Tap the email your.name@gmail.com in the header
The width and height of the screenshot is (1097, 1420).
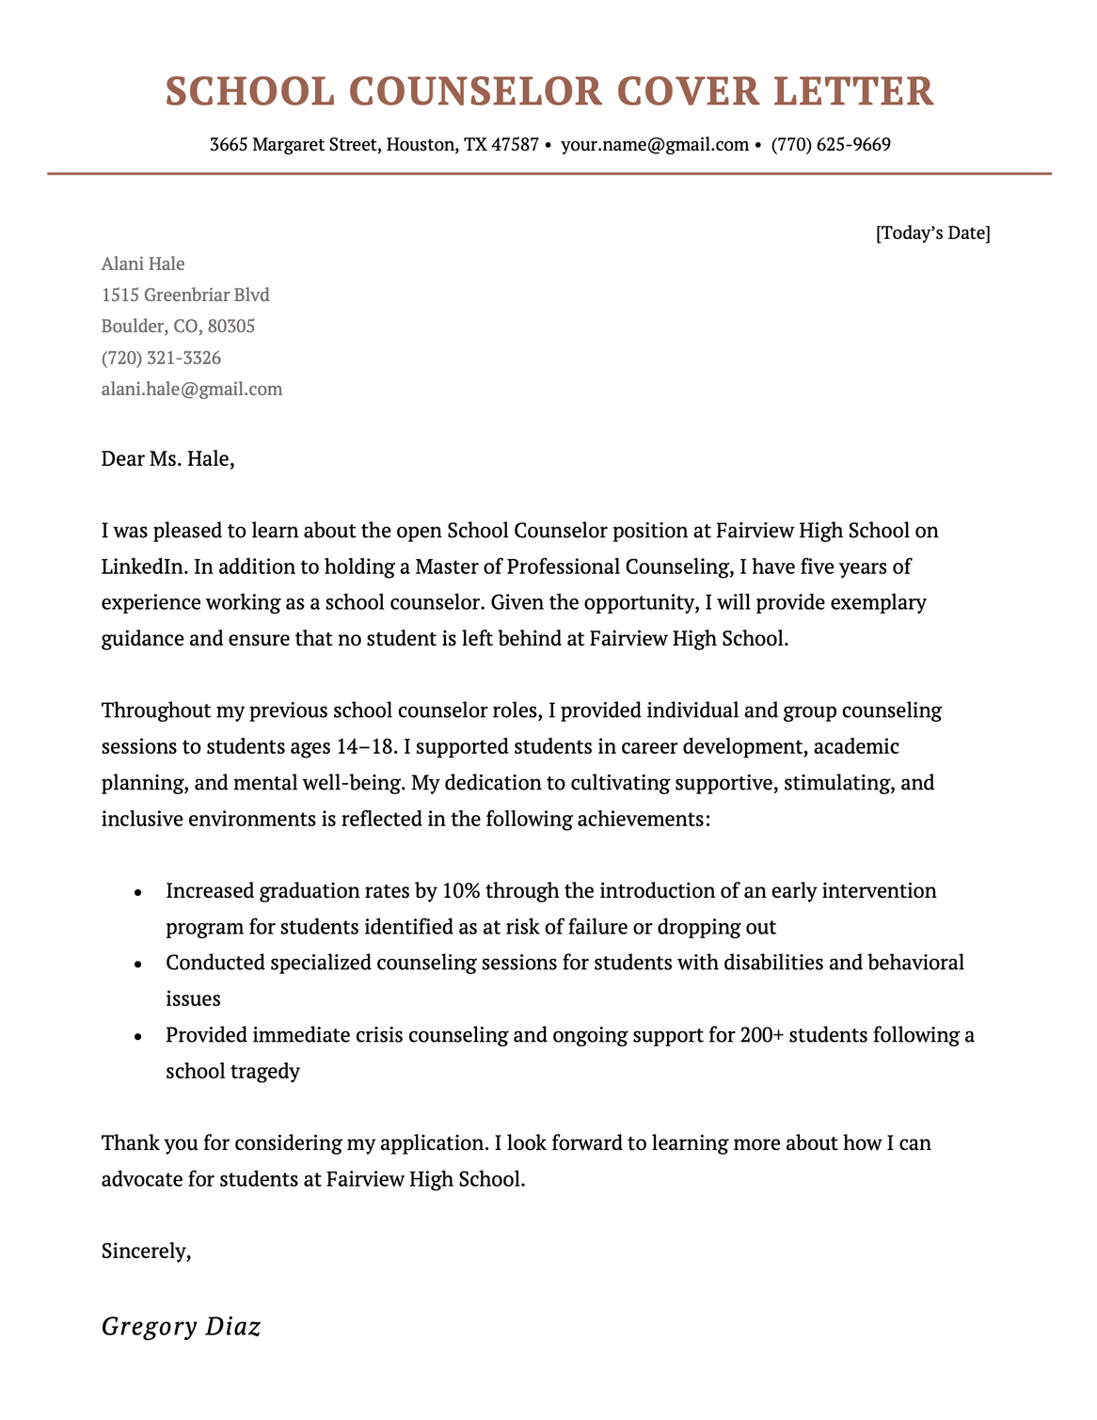654,145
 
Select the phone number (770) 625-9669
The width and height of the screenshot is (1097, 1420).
831,145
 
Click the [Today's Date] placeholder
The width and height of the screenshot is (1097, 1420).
932,232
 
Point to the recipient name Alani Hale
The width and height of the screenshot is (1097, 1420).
143,263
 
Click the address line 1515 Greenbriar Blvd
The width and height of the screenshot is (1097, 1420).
185,295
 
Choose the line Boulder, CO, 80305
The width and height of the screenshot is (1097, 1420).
178,327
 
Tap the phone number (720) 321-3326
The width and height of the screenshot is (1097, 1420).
161,359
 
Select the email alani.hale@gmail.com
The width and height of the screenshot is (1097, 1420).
192,390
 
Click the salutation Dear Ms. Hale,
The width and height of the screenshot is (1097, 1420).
167,459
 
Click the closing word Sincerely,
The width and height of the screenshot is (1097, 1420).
147,1252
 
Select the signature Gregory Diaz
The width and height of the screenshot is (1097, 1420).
181,1327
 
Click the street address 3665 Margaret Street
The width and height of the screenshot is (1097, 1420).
294,145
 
